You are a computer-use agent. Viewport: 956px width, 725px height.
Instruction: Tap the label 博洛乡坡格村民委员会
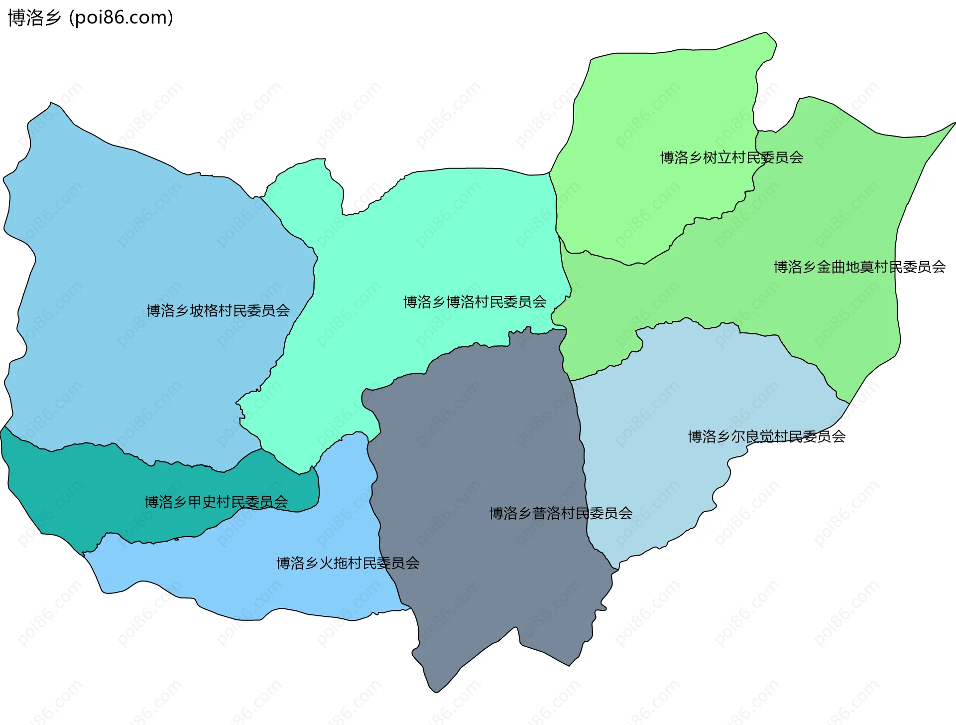[218, 311]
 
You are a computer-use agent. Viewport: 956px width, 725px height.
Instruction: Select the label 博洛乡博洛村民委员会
[475, 302]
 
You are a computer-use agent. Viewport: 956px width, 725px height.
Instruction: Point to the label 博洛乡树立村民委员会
[731, 158]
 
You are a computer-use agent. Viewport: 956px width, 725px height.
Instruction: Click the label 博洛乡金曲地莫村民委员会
[859, 267]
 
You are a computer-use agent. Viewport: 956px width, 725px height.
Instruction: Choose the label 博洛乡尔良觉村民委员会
[766, 437]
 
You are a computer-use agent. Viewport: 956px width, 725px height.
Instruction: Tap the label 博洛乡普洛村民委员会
[561, 513]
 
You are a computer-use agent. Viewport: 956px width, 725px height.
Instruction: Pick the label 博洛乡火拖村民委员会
[348, 564]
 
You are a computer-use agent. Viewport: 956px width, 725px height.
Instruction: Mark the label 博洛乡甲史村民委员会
[216, 502]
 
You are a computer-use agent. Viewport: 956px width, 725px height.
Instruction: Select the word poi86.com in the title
[121, 18]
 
